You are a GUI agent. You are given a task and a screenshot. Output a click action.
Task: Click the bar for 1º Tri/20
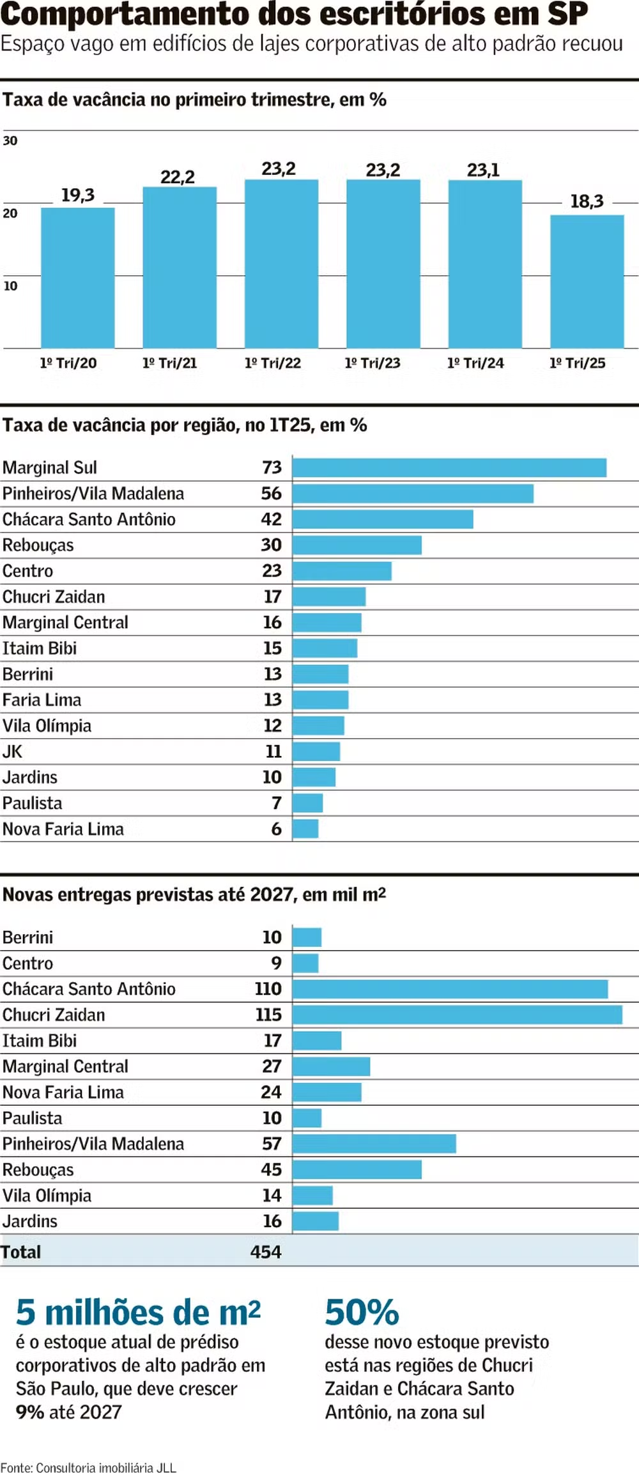[x=78, y=278]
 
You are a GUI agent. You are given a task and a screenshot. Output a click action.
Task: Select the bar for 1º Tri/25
[x=587, y=282]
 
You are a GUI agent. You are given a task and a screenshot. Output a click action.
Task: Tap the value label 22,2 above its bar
[x=178, y=177]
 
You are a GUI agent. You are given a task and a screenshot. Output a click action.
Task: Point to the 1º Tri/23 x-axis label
[x=373, y=363]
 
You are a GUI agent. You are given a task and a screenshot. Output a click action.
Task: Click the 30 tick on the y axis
[x=10, y=140]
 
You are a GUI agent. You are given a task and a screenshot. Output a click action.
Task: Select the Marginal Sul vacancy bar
[x=450, y=467]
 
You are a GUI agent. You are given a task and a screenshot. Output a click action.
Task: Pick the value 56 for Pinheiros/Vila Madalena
[x=271, y=494]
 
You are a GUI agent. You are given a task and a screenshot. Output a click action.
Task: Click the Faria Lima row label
[x=42, y=700]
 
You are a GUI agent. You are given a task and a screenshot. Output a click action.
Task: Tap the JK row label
[x=13, y=752]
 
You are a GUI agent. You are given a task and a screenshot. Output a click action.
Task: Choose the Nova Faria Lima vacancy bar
[x=305, y=829]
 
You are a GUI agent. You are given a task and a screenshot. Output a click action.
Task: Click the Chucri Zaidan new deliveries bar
[x=458, y=1015]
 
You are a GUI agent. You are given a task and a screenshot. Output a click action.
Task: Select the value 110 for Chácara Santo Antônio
[x=268, y=989]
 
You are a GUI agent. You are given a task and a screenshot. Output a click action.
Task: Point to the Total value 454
[x=266, y=1252]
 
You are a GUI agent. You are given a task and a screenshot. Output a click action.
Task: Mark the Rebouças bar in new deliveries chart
[x=357, y=1169]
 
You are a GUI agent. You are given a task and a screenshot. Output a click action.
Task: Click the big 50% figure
[x=362, y=1313]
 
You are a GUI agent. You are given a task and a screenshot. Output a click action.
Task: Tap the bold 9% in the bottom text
[x=30, y=1412]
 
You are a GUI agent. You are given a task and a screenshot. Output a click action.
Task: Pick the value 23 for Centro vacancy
[x=272, y=571]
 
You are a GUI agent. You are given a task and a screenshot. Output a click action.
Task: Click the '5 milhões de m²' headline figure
[x=138, y=1313]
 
